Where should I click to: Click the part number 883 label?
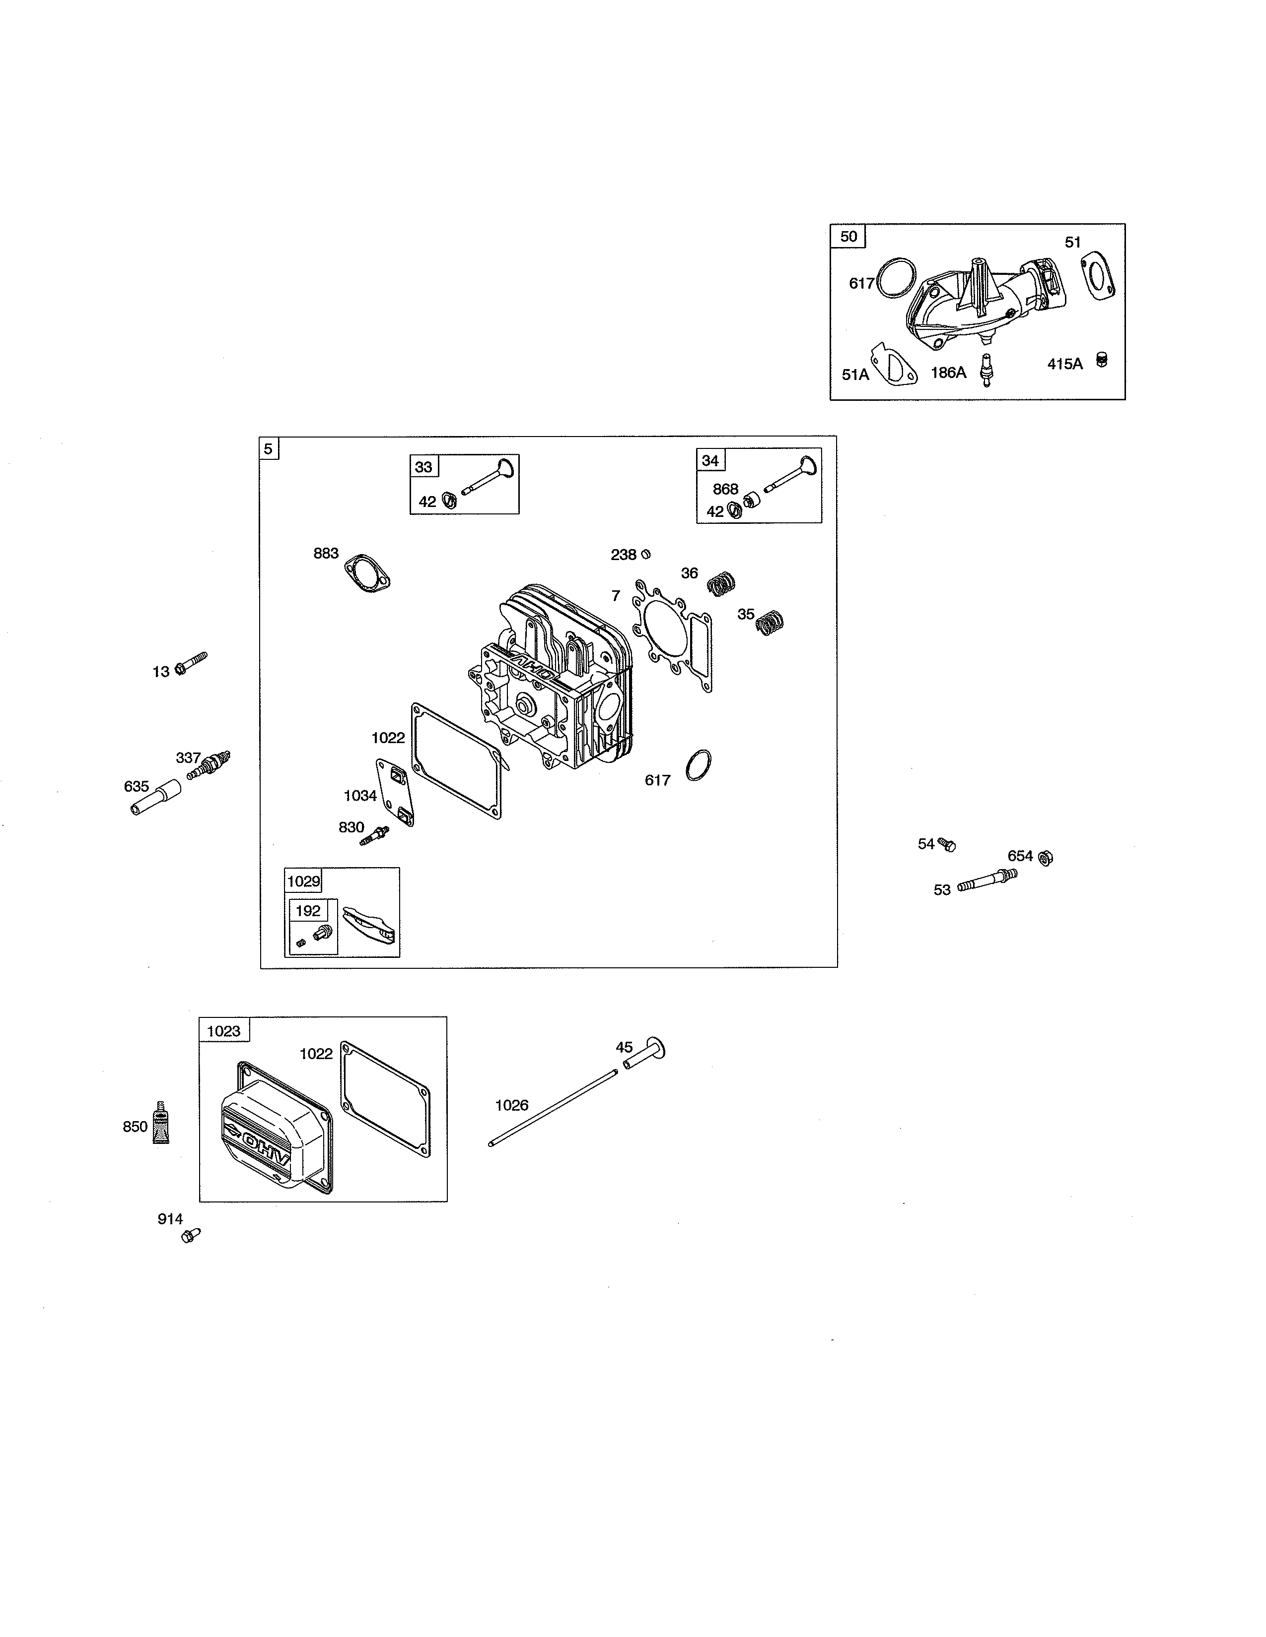pos(326,554)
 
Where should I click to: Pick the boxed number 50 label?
pos(848,237)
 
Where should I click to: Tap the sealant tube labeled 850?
pos(160,1123)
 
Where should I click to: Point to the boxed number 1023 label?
pos(223,1031)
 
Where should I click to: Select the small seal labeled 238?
pos(646,555)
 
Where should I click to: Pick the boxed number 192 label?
pos(307,911)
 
